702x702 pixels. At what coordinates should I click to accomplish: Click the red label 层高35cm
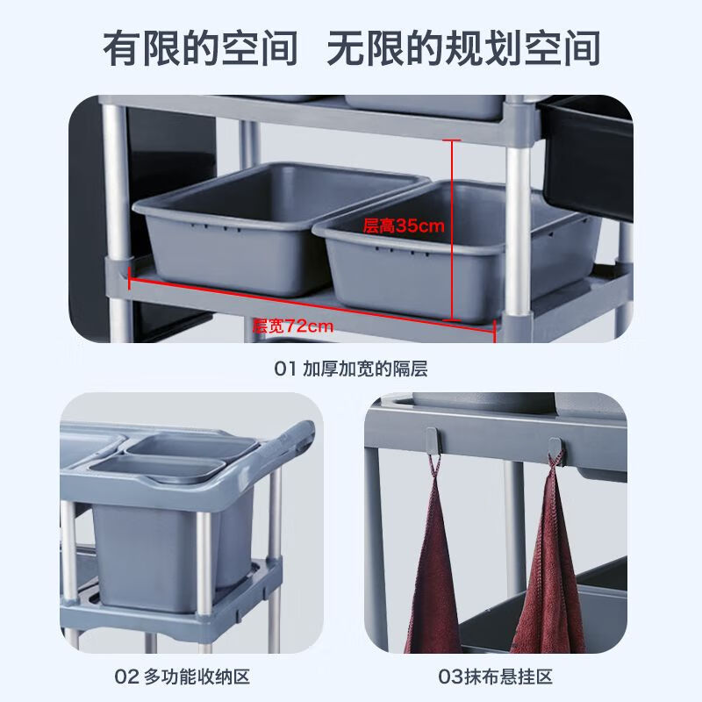(404, 226)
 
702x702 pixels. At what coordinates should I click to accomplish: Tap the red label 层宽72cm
(293, 326)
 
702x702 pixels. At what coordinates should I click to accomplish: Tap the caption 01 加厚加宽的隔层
(351, 369)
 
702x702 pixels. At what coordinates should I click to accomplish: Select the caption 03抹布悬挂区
(496, 677)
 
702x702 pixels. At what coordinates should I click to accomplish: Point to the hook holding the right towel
(556, 448)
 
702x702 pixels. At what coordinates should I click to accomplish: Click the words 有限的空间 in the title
(201, 47)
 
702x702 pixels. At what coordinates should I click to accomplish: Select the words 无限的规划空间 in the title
(463, 47)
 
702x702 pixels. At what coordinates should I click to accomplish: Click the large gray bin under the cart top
(149, 544)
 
